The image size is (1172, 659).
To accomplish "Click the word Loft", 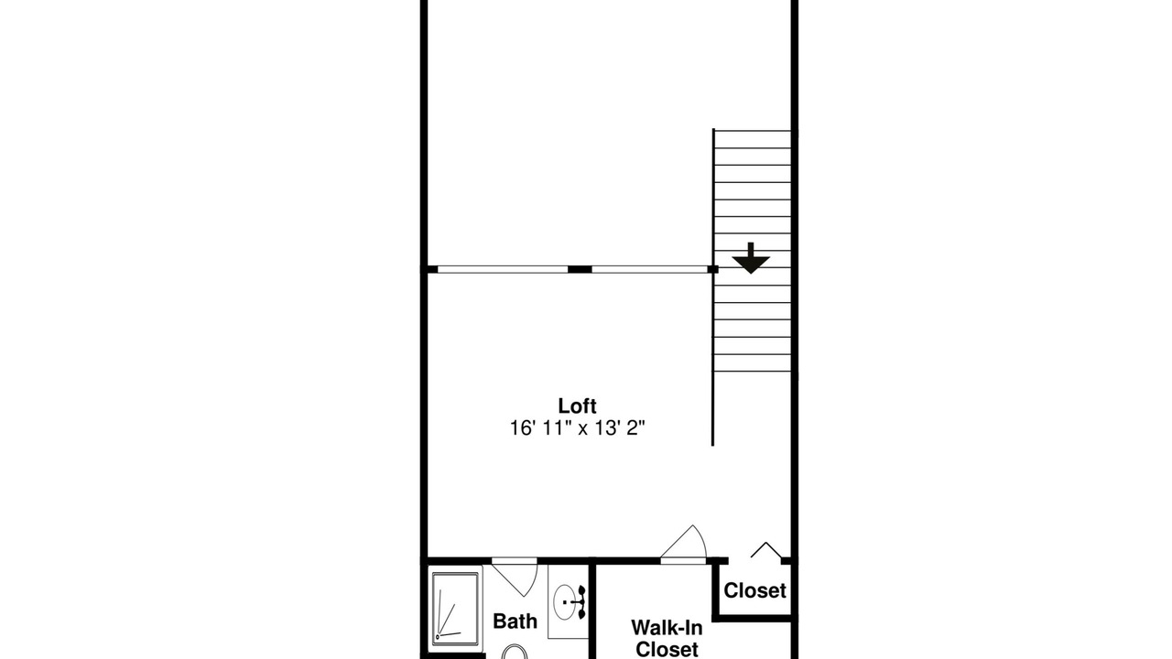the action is [x=577, y=405].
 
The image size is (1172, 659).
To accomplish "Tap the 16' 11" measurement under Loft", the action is [x=539, y=428].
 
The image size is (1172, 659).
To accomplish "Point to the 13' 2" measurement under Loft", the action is [x=620, y=428].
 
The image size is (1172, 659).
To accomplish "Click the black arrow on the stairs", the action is [x=751, y=258].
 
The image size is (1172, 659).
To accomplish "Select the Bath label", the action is [x=515, y=621].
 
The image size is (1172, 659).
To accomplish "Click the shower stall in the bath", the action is [x=456, y=609].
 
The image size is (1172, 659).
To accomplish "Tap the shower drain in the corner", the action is [x=438, y=637].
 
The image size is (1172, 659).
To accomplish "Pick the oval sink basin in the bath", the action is [x=564, y=602].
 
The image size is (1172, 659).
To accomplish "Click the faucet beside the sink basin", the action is [x=581, y=602].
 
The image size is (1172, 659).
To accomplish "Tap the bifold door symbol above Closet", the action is [x=766, y=550].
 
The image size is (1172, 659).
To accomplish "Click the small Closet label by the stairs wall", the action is [x=754, y=591].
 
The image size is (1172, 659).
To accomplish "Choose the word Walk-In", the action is [x=667, y=627].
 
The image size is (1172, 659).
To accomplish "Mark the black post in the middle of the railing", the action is [x=580, y=269].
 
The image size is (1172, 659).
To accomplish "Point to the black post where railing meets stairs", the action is [x=712, y=269].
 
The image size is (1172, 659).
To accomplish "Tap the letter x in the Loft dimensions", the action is [x=582, y=430].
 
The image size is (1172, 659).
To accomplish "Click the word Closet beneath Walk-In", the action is [x=667, y=649].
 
